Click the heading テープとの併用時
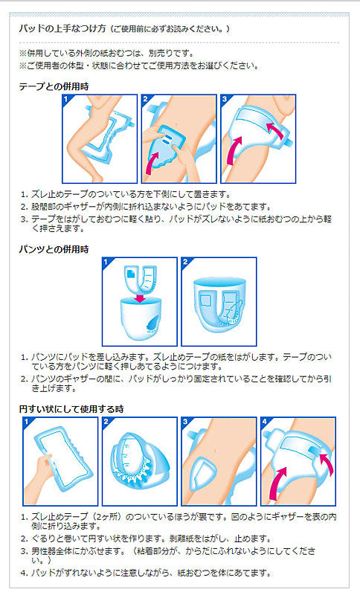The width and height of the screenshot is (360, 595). coord(54,86)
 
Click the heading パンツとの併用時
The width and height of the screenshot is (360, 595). coord(54,249)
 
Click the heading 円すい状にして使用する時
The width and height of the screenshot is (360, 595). coord(71,409)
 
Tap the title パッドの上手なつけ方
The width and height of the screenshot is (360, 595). coord(62,28)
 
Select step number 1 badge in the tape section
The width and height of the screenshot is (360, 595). coord(66,99)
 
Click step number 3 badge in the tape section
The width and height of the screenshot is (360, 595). coord(225,99)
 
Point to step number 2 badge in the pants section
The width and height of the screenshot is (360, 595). coord(185,262)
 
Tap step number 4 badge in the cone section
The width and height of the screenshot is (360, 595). coord(265,422)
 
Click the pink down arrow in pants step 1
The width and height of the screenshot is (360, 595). coord(140,298)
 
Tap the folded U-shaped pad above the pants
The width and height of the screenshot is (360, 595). coord(141,279)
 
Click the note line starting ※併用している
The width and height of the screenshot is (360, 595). coord(106,53)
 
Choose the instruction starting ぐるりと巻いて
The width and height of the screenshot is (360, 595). coord(146,538)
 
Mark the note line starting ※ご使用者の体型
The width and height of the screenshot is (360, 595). coord(139,65)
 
